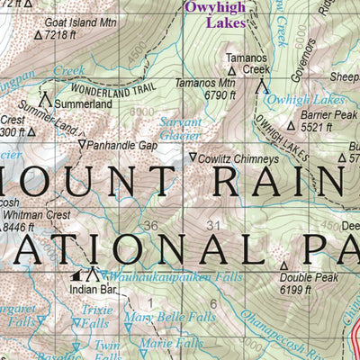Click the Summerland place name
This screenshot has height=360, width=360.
82,104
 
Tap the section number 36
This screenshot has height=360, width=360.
150,225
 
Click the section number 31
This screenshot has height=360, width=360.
213,225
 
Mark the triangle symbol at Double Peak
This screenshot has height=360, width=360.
283,266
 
